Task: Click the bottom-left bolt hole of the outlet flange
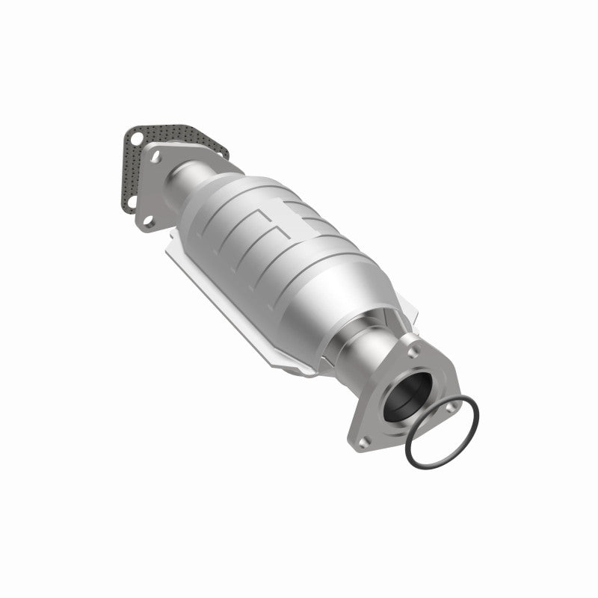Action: point(363,442)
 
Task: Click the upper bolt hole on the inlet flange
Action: point(158,158)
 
